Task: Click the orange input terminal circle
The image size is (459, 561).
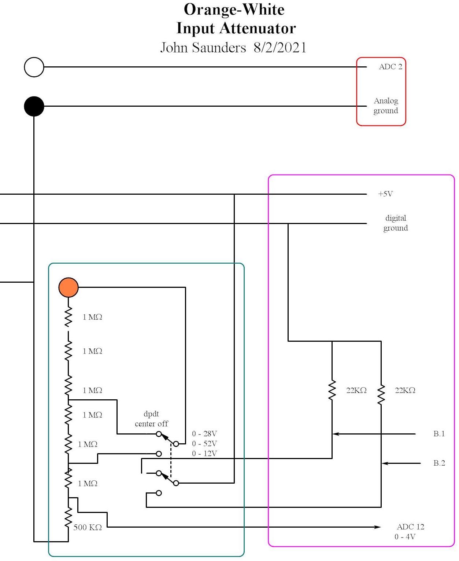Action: tap(69, 287)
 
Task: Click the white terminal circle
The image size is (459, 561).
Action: tap(34, 67)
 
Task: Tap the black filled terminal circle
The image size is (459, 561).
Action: tap(34, 106)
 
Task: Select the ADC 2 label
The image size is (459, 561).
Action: tap(390, 67)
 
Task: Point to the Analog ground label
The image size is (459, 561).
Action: tap(386, 106)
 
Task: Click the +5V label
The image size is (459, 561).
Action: tap(385, 194)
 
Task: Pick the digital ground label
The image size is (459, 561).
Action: tap(396, 223)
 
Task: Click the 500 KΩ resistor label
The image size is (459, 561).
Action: tap(88, 527)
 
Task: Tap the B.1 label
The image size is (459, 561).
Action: tap(439, 434)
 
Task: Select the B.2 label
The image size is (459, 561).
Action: tap(439, 463)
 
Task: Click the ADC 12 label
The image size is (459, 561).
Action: tap(410, 527)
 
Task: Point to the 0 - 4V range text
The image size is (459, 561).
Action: tap(405, 537)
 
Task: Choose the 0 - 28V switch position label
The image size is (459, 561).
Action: tap(204, 434)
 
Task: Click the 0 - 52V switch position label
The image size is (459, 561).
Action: tap(204, 444)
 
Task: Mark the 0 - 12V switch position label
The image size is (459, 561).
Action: tap(204, 454)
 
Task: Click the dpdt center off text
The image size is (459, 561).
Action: tap(151, 419)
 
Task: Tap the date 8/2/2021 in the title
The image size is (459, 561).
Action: tap(280, 48)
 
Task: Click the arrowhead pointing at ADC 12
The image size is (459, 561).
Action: tap(377, 527)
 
